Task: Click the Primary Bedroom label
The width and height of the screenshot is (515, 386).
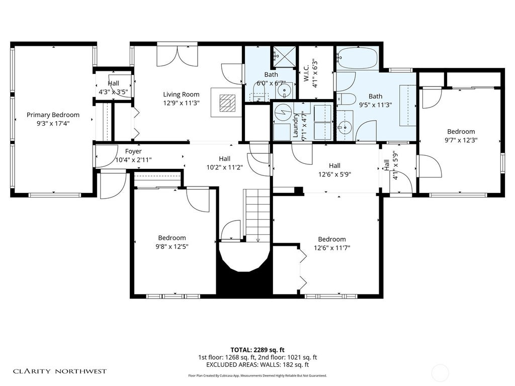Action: (x=53, y=115)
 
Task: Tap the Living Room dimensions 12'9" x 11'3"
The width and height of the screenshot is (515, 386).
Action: (x=181, y=103)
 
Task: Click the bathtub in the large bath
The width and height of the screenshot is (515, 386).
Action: (x=358, y=58)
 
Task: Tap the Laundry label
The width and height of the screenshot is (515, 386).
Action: (x=296, y=126)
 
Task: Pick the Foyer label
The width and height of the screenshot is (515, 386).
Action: (x=133, y=151)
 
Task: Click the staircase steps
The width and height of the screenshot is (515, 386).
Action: (x=258, y=215)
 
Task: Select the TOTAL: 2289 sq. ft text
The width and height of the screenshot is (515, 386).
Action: (x=257, y=350)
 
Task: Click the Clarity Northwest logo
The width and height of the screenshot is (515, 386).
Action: (x=60, y=371)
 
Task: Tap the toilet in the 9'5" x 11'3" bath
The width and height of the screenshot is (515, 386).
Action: (x=346, y=99)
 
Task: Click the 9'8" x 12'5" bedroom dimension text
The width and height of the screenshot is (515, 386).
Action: (x=172, y=246)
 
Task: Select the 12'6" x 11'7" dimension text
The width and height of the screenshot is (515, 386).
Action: (x=332, y=248)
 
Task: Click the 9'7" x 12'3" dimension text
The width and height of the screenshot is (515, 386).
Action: (x=461, y=140)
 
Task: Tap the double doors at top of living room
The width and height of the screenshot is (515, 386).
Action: (x=178, y=56)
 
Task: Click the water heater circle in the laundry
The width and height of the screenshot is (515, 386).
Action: (x=281, y=113)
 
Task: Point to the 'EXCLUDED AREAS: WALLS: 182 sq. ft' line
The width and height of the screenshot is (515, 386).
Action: (x=257, y=365)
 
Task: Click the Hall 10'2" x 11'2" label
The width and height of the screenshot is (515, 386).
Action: (x=225, y=163)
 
